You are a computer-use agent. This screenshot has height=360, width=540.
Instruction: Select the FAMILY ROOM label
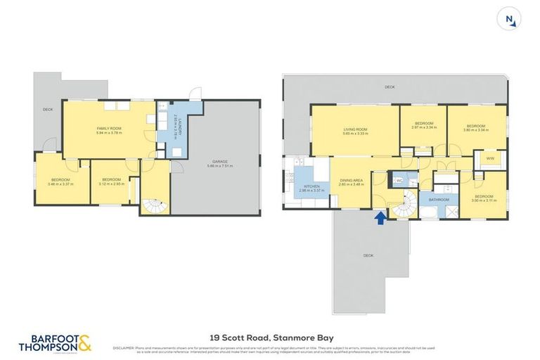tap(109, 130)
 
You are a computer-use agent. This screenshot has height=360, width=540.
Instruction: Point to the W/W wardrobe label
tap(490, 159)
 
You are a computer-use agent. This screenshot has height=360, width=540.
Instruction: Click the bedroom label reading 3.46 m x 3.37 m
tap(60, 181)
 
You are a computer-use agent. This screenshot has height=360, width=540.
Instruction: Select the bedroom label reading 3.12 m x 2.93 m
tap(112, 181)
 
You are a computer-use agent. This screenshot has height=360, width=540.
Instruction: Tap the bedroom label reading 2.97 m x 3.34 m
tap(425, 126)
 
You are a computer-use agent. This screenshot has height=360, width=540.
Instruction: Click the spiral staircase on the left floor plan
tap(153, 205)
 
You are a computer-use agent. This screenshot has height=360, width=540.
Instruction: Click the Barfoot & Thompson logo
tap(55, 342)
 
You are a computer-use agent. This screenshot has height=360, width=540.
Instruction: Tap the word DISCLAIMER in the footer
tap(124, 347)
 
